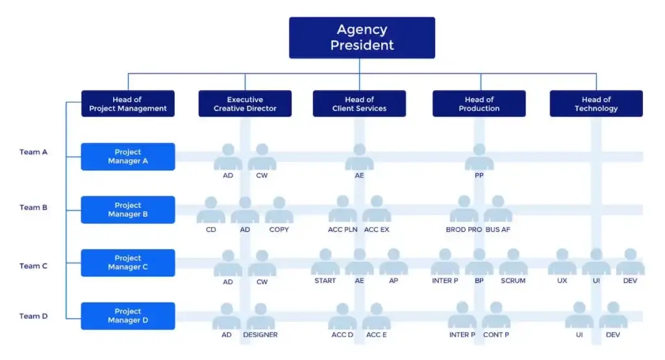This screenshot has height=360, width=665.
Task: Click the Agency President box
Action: click(x=362, y=38)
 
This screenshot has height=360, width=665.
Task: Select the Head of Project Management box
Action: click(x=128, y=104)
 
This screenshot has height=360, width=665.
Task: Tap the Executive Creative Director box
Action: click(x=245, y=104)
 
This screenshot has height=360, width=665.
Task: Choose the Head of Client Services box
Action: click(x=359, y=104)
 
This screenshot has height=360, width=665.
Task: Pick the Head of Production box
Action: click(x=479, y=104)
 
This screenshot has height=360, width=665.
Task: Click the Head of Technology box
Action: click(x=596, y=104)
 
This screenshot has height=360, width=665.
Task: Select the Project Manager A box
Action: click(x=128, y=157)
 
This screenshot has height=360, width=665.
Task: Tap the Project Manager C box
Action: click(x=128, y=263)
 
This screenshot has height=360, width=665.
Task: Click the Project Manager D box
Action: click(x=128, y=316)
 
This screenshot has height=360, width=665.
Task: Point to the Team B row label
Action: click(x=33, y=207)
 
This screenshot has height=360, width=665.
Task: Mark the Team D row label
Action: click(x=33, y=316)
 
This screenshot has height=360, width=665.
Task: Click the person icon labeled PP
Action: click(x=479, y=157)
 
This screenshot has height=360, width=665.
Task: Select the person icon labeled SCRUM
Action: click(x=513, y=262)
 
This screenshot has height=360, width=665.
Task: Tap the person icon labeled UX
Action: click(x=562, y=262)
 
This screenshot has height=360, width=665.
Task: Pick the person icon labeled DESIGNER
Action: click(x=260, y=316)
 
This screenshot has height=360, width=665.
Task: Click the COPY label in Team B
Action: click(x=279, y=229)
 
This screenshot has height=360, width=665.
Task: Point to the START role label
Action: click(x=325, y=281)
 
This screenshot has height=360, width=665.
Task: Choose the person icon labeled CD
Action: click(x=211, y=210)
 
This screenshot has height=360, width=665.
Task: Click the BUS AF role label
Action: click(x=498, y=229)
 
